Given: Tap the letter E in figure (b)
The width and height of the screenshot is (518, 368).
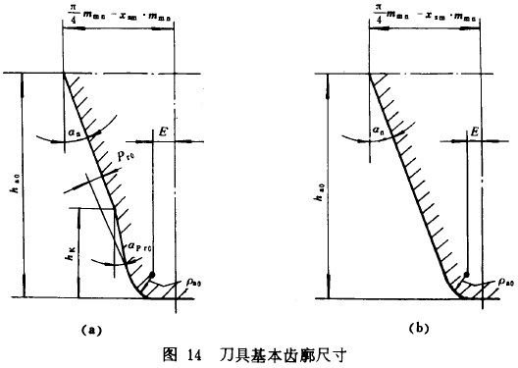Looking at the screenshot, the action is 475,131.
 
